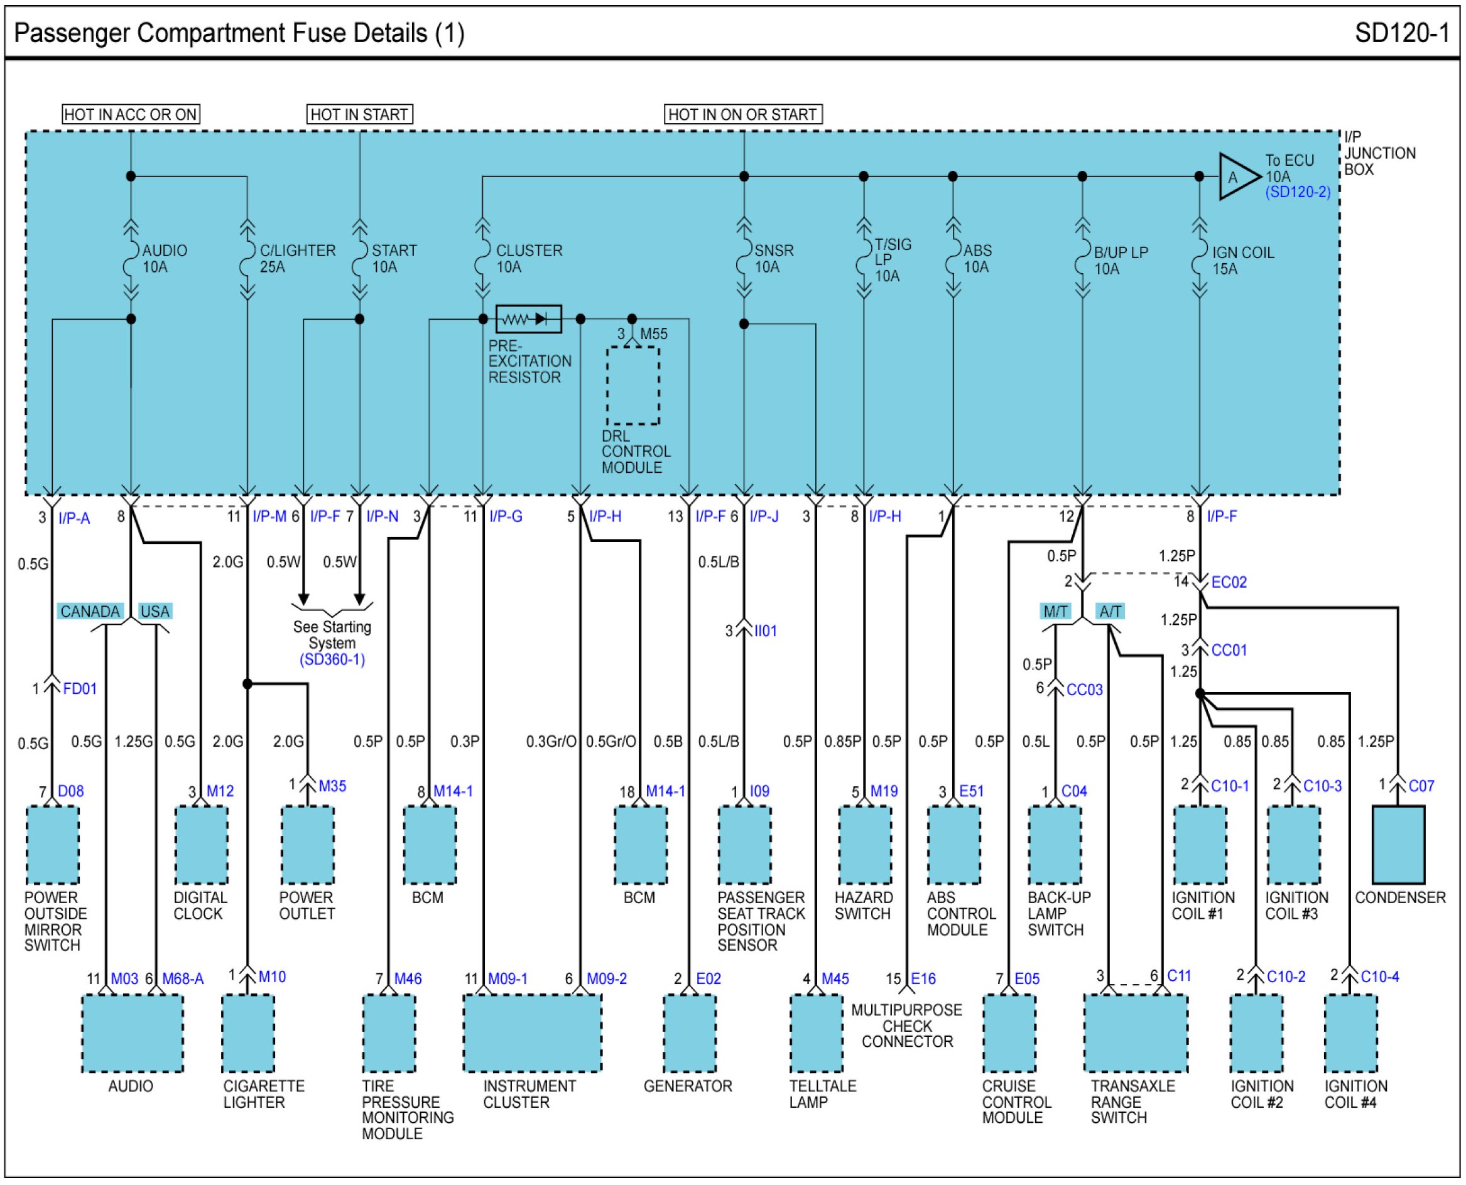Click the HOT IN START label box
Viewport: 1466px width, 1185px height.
click(x=359, y=114)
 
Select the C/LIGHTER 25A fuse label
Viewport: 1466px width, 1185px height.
click(x=296, y=259)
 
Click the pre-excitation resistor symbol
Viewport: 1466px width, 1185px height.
click(x=528, y=319)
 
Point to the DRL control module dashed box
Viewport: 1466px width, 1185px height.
click(x=633, y=386)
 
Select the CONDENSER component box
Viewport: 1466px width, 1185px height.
click(x=1398, y=845)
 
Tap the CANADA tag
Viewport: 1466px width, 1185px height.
click(x=89, y=611)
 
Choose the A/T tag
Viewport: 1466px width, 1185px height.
click(x=1110, y=611)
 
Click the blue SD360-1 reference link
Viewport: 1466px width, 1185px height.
click(x=332, y=659)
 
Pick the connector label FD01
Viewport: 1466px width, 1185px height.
click(x=80, y=689)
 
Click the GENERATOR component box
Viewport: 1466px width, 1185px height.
click(x=690, y=1034)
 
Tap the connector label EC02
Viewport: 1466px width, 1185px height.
click(x=1229, y=582)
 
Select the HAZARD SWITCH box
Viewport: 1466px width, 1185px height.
click(x=864, y=845)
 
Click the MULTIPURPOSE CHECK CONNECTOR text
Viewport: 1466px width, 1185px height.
click(x=907, y=1026)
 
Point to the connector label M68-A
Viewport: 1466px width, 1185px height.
click(x=182, y=979)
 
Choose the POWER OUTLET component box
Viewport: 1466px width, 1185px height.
click(x=307, y=845)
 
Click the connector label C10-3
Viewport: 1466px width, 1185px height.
click(x=1322, y=786)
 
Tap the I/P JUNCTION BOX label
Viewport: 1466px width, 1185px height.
click(x=1379, y=153)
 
